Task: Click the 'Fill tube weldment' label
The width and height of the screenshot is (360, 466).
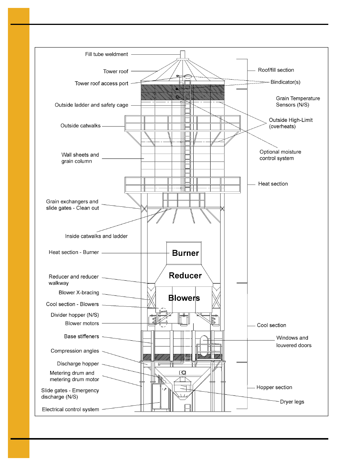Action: point(106,54)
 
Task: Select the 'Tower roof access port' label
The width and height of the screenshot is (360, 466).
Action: point(102,83)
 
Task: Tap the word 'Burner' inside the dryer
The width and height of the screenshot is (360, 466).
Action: point(185,253)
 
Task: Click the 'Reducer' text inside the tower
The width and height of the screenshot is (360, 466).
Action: point(185,276)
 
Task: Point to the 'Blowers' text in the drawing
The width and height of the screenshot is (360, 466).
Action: point(184,298)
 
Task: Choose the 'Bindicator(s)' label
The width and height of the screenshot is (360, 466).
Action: point(285,82)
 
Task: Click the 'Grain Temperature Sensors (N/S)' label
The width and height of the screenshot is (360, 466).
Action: point(298,102)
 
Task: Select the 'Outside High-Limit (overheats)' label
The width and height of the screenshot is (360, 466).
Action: point(291,123)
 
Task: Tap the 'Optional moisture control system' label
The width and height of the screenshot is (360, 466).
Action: point(280,155)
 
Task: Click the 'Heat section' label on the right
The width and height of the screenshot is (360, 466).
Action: point(273,184)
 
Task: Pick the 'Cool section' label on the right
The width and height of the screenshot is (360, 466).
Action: point(271,325)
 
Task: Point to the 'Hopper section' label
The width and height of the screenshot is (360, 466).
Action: point(274,388)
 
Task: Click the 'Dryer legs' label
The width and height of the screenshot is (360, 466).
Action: point(292,402)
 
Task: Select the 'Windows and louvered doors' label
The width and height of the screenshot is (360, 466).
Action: point(294,341)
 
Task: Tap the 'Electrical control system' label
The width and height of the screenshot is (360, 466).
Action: point(71,409)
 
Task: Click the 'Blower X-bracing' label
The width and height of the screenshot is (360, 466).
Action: point(79,293)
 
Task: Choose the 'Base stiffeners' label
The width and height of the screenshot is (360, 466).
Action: point(82,337)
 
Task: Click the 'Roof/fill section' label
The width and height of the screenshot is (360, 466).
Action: point(276,70)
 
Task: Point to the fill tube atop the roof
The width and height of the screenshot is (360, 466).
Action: point(183,55)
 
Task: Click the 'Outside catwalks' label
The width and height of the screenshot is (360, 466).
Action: point(80,126)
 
